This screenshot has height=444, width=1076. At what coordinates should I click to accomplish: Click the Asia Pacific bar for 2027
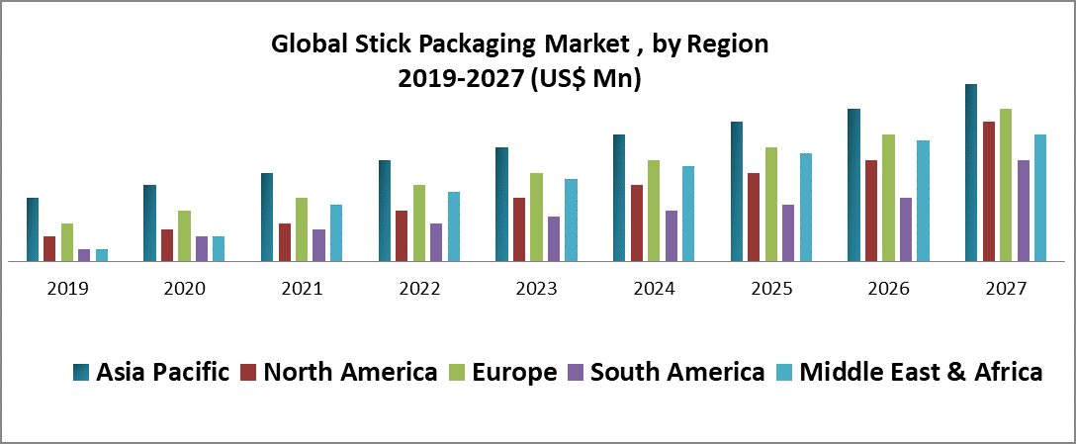971,173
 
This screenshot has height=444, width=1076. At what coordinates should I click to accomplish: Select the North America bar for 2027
989,192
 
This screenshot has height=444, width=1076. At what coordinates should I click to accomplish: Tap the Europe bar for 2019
67,242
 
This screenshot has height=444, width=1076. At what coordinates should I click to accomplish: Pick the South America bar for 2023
554,239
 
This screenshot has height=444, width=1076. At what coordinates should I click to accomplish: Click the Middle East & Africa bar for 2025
806,208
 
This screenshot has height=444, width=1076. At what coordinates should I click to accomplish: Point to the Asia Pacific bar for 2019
33,229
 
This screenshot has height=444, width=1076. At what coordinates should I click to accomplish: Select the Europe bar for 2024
654,211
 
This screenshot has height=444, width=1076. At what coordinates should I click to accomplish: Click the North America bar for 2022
402,236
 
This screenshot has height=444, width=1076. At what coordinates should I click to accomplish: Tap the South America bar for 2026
906,229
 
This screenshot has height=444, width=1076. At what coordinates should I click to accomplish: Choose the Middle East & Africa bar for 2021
336,233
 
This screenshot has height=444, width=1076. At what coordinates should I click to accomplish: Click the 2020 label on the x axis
184,289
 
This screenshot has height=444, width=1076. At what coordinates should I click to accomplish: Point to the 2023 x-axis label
536,289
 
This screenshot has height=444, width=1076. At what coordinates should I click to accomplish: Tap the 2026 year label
888,289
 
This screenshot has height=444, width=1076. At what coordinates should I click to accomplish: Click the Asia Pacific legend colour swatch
82,372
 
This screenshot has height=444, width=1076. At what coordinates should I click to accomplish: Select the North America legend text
351,372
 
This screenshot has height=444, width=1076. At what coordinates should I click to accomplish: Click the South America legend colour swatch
576,372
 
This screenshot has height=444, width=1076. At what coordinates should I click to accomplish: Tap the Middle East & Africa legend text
921,372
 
